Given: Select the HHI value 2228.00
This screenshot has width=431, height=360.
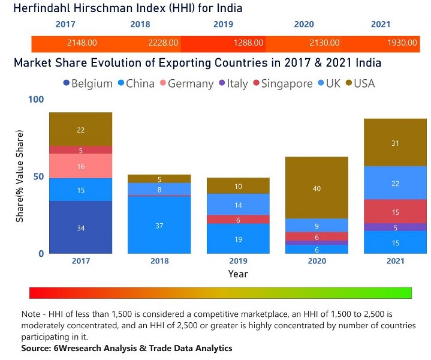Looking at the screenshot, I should point(163,43).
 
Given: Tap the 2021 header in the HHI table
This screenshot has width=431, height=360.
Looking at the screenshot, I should point(380,25).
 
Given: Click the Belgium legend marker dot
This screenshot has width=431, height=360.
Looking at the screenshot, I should point(66,83).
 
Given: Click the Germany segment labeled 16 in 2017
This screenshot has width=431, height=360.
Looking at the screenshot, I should point(81,166).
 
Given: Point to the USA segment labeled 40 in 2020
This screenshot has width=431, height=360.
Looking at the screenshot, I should point(317,188).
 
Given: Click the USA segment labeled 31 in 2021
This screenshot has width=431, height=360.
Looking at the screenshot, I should point(395,143).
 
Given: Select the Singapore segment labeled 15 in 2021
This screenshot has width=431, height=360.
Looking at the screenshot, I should point(395,212).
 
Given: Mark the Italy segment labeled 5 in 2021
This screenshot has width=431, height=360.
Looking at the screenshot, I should point(395,227).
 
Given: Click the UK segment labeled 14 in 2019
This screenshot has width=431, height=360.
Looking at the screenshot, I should point(238,205).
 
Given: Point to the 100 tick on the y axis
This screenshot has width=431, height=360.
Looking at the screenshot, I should point(37,99).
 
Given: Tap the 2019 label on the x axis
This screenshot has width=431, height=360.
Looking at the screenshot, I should point(238,261).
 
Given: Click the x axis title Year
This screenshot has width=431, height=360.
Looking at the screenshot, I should point(238,274).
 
